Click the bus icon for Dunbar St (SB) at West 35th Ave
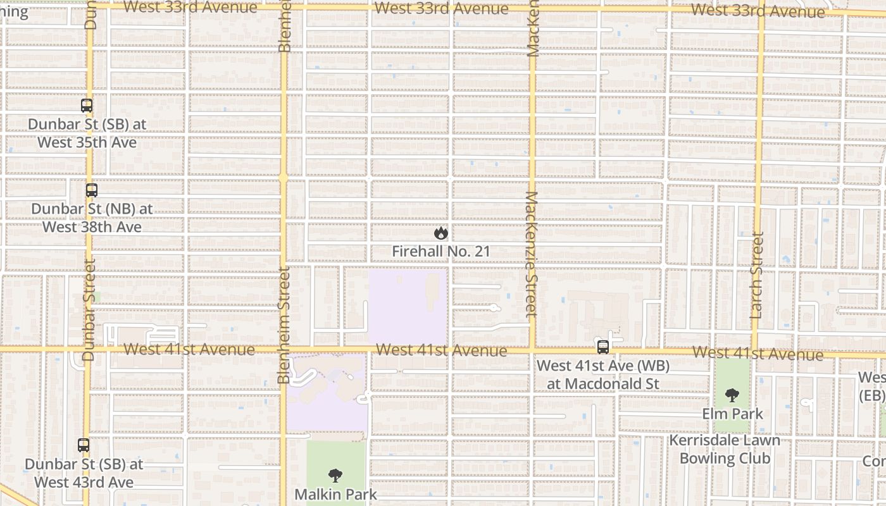pos(87,106)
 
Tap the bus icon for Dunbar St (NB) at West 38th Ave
pos(92,190)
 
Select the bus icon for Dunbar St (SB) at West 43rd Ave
pos(84,445)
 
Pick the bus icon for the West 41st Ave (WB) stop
pos(603,347)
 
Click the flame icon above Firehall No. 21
pos(441,233)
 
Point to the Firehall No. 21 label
pos(441,252)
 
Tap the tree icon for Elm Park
pos(732,395)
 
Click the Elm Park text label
pos(732,414)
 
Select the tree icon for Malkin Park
pos(335,476)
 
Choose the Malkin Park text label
pos(335,494)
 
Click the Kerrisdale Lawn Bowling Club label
pos(725,449)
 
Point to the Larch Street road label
pos(756,275)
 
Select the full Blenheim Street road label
pos(284,324)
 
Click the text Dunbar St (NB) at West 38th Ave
pos(92,217)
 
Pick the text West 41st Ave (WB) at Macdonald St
pos(603,374)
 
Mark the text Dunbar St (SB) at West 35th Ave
pos(87,133)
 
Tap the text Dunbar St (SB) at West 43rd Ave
pos(84,473)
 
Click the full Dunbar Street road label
pos(89,309)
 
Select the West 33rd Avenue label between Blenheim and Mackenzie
pos(441,9)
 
